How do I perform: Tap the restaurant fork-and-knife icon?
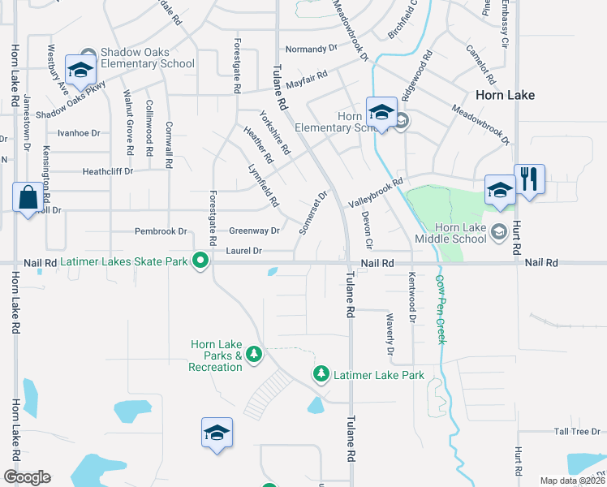click(x=529, y=179)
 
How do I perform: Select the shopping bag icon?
click(x=28, y=197)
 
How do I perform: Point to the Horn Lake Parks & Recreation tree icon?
click(x=254, y=354)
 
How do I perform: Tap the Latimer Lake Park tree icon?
click(x=321, y=374)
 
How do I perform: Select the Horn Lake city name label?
click(x=505, y=95)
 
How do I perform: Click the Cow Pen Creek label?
click(x=441, y=308)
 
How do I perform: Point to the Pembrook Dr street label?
click(x=161, y=231)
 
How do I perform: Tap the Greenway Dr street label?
click(x=254, y=231)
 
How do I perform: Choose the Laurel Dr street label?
click(x=245, y=252)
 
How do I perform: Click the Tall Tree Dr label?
click(x=577, y=432)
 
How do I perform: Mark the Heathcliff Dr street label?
click(x=107, y=172)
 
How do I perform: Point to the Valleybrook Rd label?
click(x=376, y=193)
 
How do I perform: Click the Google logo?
click(x=27, y=477)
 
